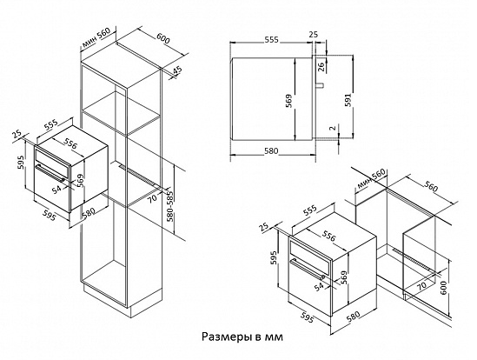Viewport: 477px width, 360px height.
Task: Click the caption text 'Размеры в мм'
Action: [x=242, y=335]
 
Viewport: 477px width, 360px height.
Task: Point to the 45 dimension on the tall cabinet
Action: [x=176, y=70]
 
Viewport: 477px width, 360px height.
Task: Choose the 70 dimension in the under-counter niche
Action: [x=421, y=284]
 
